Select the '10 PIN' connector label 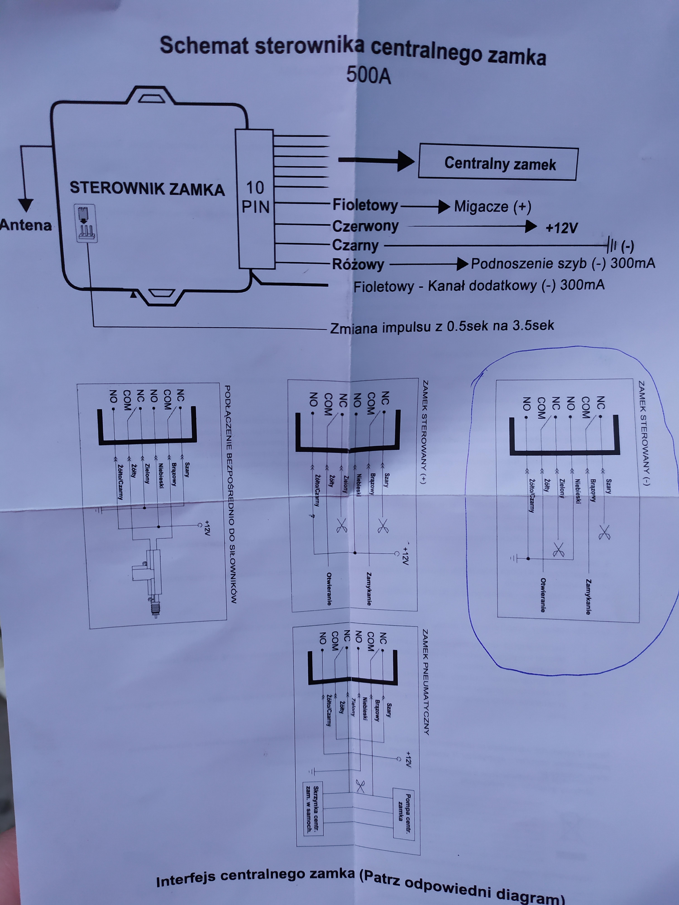(255, 198)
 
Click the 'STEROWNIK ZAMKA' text (147, 189)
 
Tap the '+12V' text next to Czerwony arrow (562, 228)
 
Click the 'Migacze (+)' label (492, 207)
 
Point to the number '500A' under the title (368, 75)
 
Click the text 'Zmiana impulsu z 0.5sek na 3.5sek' (442, 326)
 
